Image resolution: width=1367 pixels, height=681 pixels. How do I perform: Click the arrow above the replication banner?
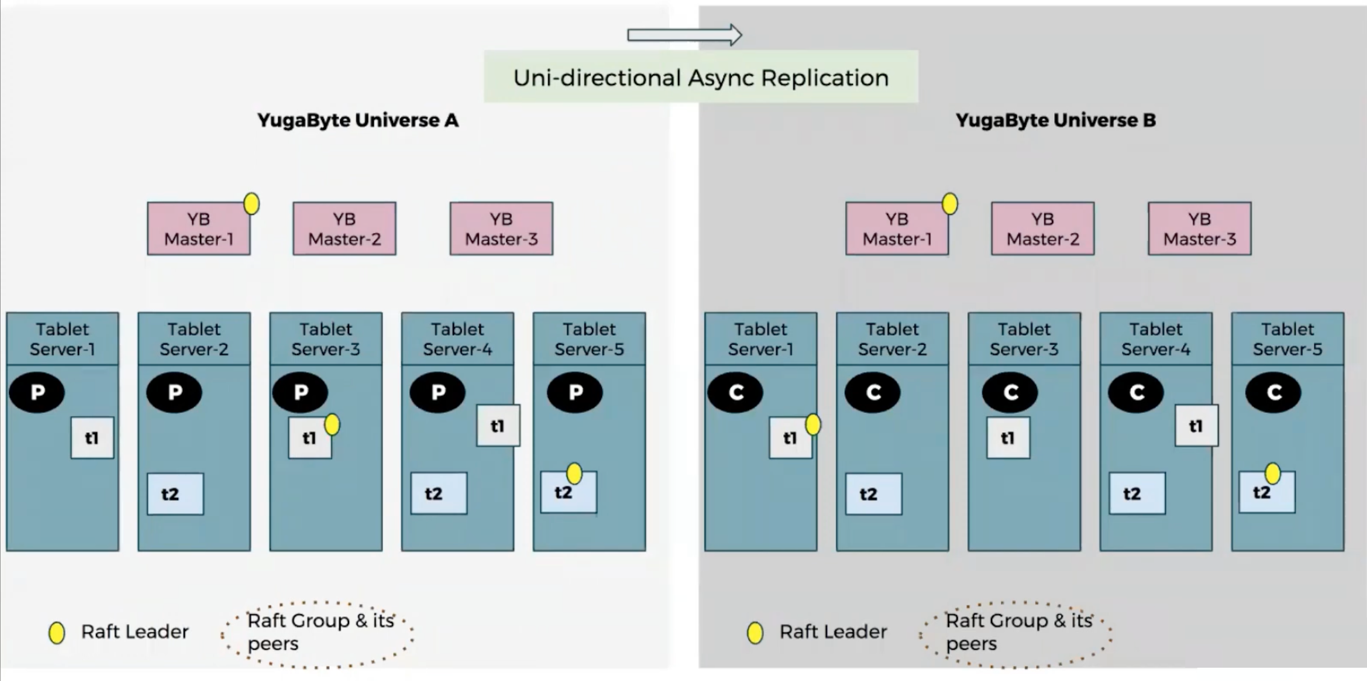(684, 35)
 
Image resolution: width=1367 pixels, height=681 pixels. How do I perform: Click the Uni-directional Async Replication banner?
(700, 77)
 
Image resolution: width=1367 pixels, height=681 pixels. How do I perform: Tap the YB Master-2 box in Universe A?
(344, 229)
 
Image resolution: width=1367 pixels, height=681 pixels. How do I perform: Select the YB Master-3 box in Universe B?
(1199, 229)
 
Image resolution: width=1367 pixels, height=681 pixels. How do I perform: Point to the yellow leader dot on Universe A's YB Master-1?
(252, 204)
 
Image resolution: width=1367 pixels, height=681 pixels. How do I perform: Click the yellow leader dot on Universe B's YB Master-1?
(950, 204)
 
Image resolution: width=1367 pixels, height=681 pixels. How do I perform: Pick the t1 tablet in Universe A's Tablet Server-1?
(92, 438)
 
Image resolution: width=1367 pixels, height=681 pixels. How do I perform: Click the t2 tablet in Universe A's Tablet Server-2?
(175, 494)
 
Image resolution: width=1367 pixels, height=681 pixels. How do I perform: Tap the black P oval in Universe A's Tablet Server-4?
(438, 392)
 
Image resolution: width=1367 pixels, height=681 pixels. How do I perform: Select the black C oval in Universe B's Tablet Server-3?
(1010, 392)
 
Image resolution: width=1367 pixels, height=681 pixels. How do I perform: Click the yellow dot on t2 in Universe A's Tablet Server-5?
(574, 474)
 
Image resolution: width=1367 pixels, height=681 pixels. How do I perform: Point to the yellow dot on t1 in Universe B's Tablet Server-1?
(813, 425)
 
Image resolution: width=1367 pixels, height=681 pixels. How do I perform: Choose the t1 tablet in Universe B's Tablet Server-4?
(1196, 426)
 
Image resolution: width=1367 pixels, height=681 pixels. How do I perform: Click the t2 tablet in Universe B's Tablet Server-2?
(873, 494)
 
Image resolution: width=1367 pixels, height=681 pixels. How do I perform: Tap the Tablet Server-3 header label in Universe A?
(326, 339)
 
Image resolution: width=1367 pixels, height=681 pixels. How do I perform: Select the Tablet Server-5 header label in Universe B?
(1287, 339)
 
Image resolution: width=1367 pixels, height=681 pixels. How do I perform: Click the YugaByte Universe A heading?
(358, 120)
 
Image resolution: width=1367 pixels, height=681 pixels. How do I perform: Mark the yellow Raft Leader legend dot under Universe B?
(755, 633)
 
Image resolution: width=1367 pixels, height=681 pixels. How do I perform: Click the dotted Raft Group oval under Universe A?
(318, 634)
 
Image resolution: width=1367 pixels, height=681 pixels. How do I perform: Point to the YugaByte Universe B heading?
(1055, 120)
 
